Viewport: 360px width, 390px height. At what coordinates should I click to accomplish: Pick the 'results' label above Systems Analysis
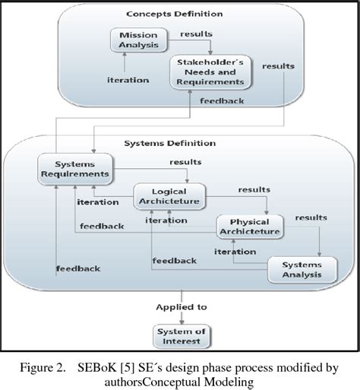pos(311,217)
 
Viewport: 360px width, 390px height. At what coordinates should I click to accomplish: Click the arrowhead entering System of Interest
pos(180,319)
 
